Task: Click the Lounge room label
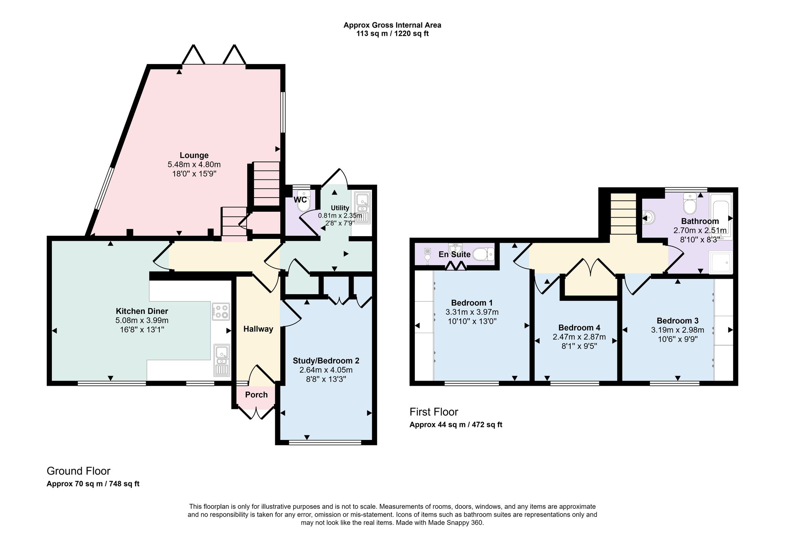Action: [x=194, y=155]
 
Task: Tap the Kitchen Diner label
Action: [x=142, y=311]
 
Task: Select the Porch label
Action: [x=256, y=395]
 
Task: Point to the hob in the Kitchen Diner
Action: [x=221, y=311]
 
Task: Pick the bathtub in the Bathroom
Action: [x=721, y=216]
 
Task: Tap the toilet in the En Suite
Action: [x=484, y=255]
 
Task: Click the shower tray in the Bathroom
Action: [x=721, y=262]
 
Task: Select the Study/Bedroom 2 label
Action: [x=326, y=361]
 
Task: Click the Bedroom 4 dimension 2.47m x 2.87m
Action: [x=579, y=337]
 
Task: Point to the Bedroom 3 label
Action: [x=677, y=321]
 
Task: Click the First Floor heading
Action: [x=434, y=412]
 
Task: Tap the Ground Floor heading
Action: [x=78, y=471]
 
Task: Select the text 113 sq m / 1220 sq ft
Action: [x=392, y=34]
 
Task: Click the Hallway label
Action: [x=258, y=329]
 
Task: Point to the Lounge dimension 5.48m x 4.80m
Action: [x=194, y=165]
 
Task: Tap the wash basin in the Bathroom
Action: [x=649, y=217]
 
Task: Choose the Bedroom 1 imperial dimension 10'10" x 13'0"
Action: [x=472, y=321]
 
